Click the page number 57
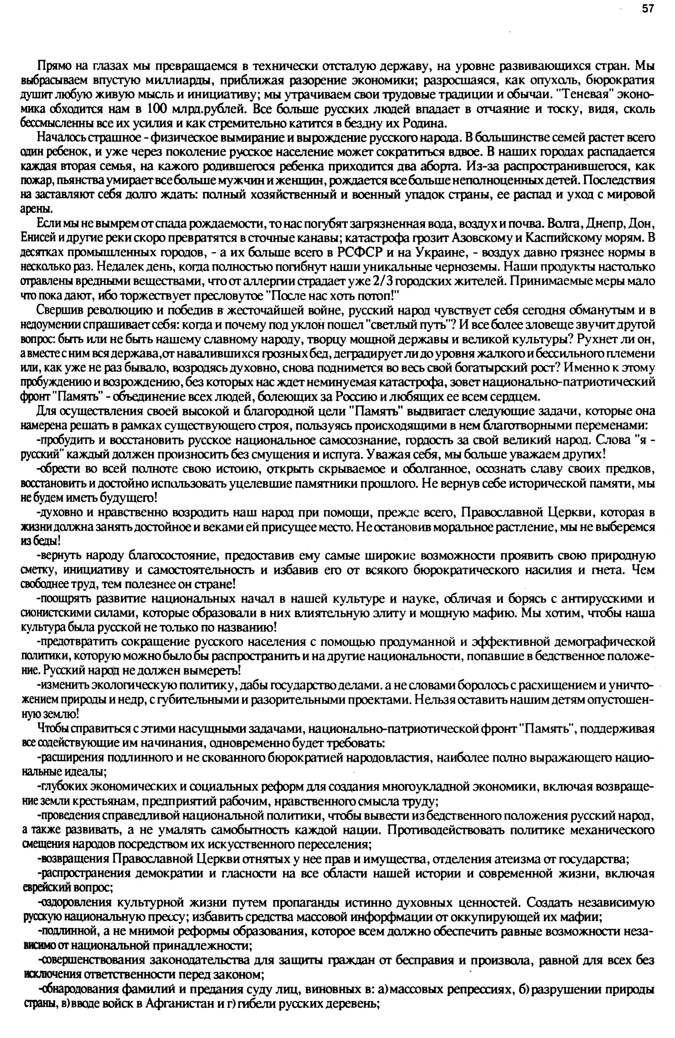click(647, 9)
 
